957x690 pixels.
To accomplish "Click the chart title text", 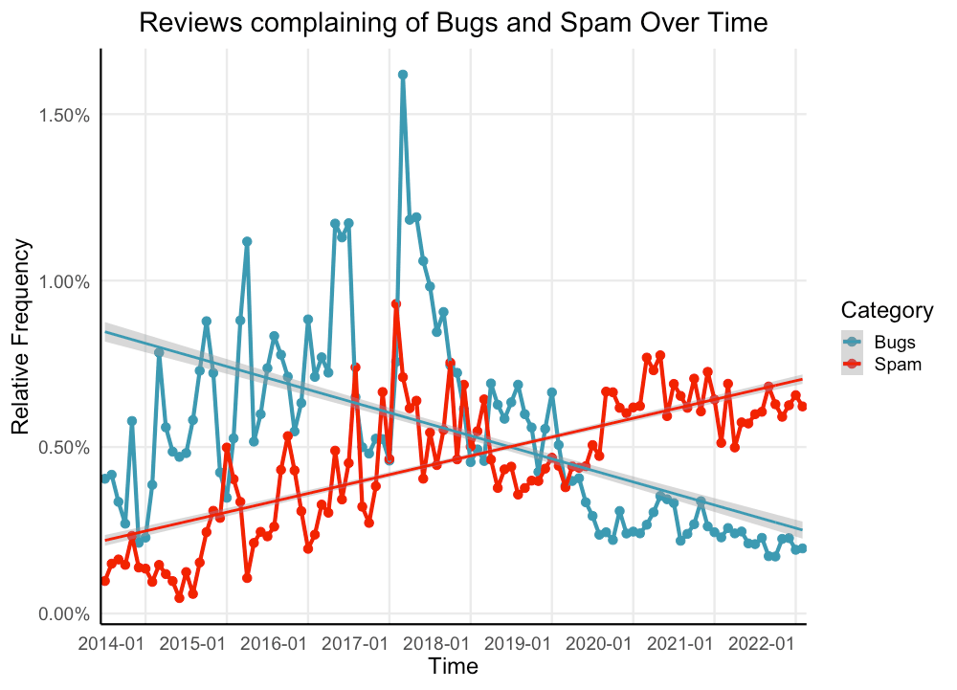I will click(x=454, y=23).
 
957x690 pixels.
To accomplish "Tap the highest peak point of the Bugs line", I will click(x=403, y=75).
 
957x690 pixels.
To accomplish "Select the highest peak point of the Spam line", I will click(x=395, y=303).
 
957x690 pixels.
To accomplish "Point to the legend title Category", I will click(x=886, y=310).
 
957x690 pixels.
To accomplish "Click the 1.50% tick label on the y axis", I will click(x=62, y=115).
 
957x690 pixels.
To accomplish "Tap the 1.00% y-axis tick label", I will click(x=62, y=281).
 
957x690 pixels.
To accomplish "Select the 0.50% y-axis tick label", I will click(x=62, y=448).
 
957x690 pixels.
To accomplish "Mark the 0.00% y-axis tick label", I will click(x=62, y=614).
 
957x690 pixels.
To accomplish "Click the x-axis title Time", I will click(x=454, y=666).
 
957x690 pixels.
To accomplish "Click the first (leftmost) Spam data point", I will click(x=104, y=581).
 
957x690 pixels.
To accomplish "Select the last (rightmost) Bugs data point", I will click(x=803, y=548).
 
